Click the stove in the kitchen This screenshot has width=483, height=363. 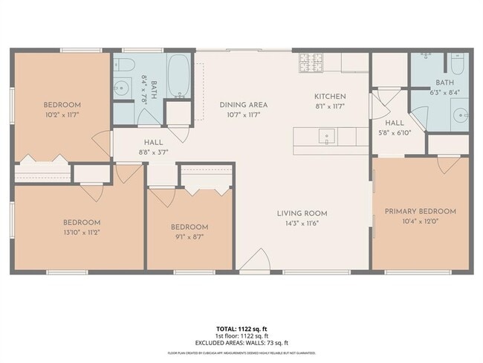311,62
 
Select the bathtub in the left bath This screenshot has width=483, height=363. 179,75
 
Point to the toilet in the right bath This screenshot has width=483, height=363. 456,62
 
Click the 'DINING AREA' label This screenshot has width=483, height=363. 243,105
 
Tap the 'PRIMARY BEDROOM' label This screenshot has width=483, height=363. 420,211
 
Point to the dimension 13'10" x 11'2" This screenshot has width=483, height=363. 81,232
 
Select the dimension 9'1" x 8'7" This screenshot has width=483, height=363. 189,237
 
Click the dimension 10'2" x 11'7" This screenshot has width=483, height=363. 62,115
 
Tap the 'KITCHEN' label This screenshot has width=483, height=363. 331,97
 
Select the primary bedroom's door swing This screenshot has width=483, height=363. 448,164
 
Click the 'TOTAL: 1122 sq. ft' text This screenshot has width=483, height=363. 241,328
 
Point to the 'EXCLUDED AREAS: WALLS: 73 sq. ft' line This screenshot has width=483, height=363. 241,342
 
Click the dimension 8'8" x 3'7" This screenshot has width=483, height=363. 155,151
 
